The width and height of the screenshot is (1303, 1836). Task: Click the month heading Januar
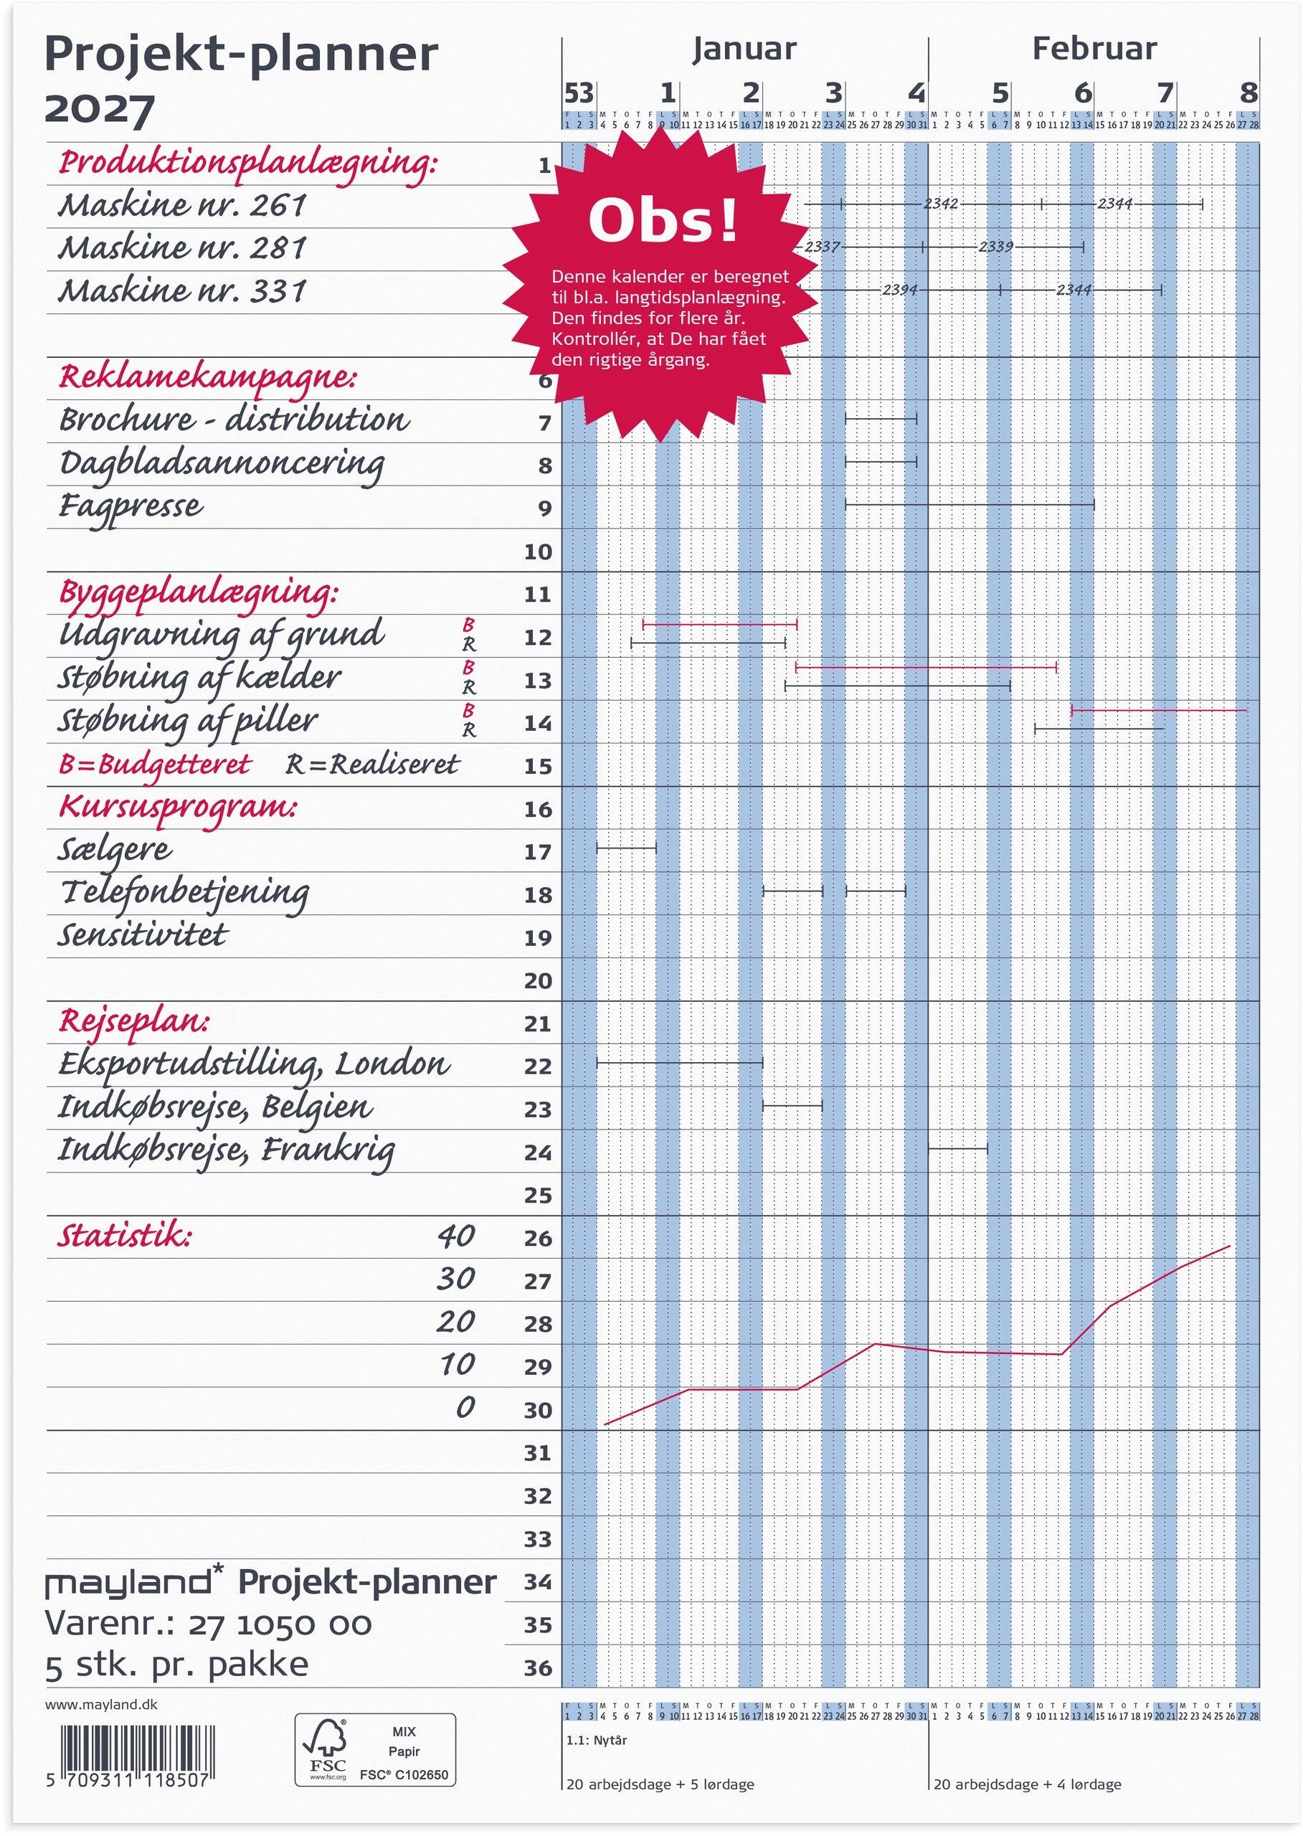click(x=744, y=49)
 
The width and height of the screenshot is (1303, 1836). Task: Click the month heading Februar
click(x=1094, y=49)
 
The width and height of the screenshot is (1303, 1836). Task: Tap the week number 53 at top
click(x=579, y=94)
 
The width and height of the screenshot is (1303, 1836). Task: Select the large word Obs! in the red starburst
click(x=662, y=221)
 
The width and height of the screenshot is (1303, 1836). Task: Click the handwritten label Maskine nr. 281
click(x=182, y=248)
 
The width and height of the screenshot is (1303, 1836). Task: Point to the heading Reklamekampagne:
click(x=208, y=377)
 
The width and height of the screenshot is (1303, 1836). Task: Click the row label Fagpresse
click(x=131, y=506)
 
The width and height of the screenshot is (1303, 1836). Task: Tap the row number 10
click(x=539, y=552)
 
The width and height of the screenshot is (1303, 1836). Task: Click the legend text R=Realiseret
click(x=372, y=764)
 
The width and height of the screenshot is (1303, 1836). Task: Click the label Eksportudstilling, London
click(x=254, y=1064)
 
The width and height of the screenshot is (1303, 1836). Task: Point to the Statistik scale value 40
click(x=456, y=1235)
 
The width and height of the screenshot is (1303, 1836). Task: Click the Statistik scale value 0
click(x=465, y=1406)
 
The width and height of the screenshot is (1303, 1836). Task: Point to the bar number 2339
click(x=995, y=247)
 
